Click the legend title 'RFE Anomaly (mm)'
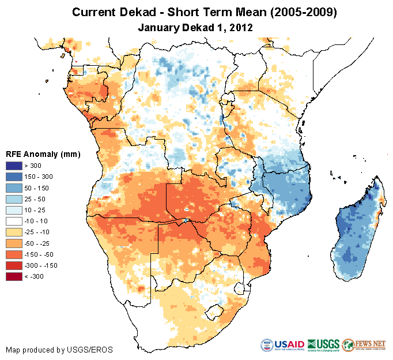(x=43, y=154)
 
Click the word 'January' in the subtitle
(x=158, y=27)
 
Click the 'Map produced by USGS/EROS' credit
(x=59, y=350)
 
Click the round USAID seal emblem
(x=268, y=344)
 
